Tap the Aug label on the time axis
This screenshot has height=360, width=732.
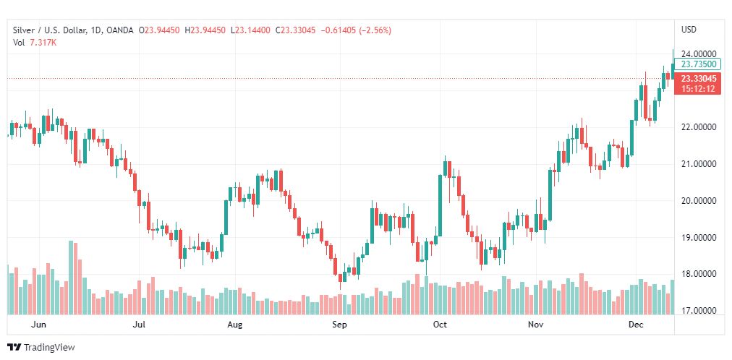pyautogui.click(x=234, y=325)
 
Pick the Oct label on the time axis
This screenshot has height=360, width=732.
pyautogui.click(x=440, y=325)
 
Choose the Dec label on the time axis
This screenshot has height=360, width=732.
pyautogui.click(x=636, y=325)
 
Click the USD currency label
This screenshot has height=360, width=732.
pyautogui.click(x=689, y=30)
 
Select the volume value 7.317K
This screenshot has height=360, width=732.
pyautogui.click(x=43, y=43)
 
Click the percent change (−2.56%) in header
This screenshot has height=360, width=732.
pyautogui.click(x=393, y=30)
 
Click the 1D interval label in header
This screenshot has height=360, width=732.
pyautogui.click(x=95, y=30)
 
